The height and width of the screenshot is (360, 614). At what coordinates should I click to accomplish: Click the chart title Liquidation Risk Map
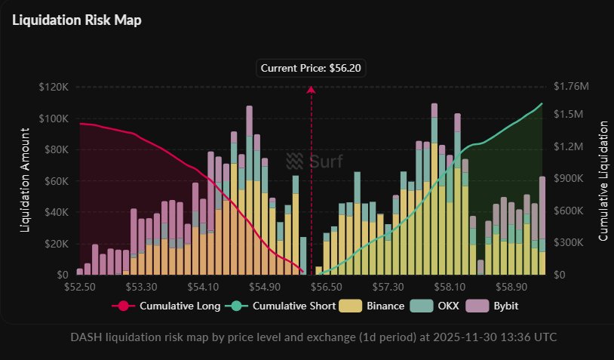coord(77,20)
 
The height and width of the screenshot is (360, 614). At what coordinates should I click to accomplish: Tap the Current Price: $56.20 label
coord(311,68)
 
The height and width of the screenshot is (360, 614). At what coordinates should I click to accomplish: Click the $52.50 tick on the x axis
coord(80,288)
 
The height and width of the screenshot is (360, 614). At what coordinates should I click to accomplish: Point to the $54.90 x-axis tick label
coord(264,288)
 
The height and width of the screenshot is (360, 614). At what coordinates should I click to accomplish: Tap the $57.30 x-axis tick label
coord(389,288)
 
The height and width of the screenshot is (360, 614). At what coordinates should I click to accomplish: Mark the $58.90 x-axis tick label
coord(512,288)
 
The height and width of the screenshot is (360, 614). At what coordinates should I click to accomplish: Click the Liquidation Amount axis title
coord(25,180)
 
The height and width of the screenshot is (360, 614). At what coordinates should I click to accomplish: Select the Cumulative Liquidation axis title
coord(603,181)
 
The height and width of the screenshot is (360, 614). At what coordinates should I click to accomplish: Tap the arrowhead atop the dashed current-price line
coord(311,91)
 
